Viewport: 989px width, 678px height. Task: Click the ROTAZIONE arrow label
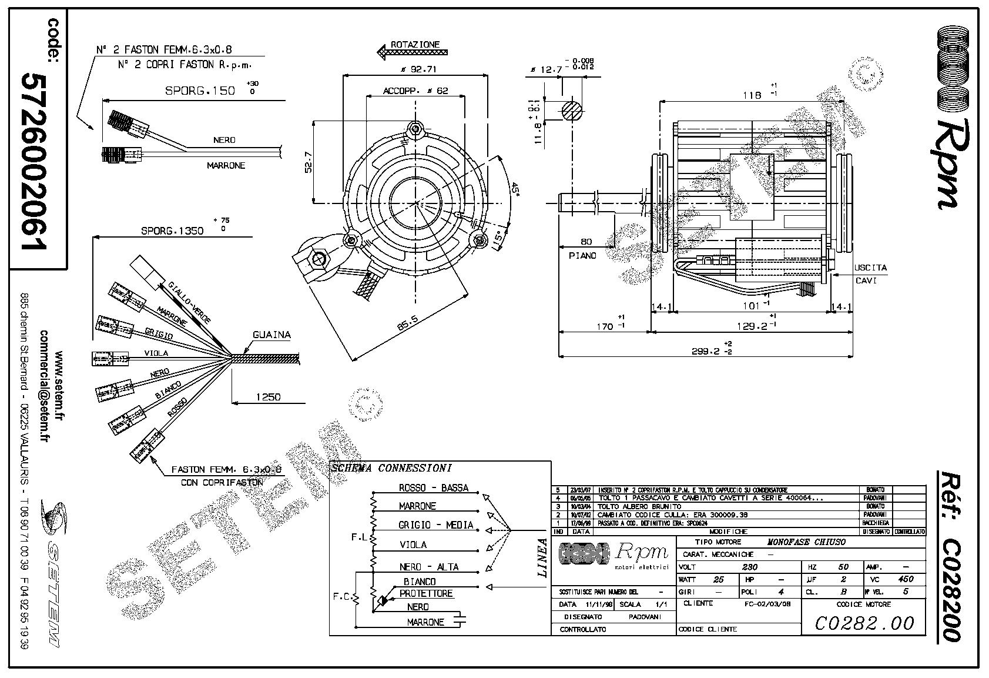415,45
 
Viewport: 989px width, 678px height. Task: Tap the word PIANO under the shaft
582,255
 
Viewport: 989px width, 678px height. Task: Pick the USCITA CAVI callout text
870,274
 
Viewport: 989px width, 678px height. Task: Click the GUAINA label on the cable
271,335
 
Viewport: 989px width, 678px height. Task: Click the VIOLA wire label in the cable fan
156,353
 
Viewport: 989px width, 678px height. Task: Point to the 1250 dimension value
267,397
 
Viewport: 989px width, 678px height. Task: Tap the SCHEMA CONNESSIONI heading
391,469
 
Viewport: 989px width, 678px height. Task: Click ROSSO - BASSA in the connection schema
434,487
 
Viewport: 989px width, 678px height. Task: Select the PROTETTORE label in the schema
426,593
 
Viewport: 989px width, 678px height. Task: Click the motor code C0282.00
864,622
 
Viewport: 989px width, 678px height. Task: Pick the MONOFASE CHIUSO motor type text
806,542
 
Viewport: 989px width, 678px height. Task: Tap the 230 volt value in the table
750,567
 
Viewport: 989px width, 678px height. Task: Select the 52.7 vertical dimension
308,162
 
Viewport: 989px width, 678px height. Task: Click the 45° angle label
514,190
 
